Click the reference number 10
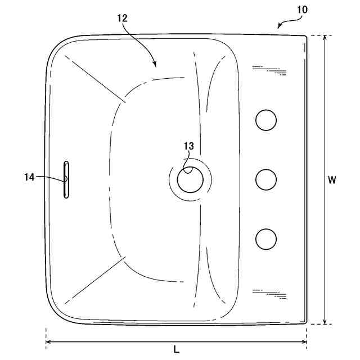303,10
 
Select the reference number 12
123,18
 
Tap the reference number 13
189,146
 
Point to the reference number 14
29,177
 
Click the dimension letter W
332,180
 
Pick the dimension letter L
176,349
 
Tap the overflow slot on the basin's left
66,179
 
